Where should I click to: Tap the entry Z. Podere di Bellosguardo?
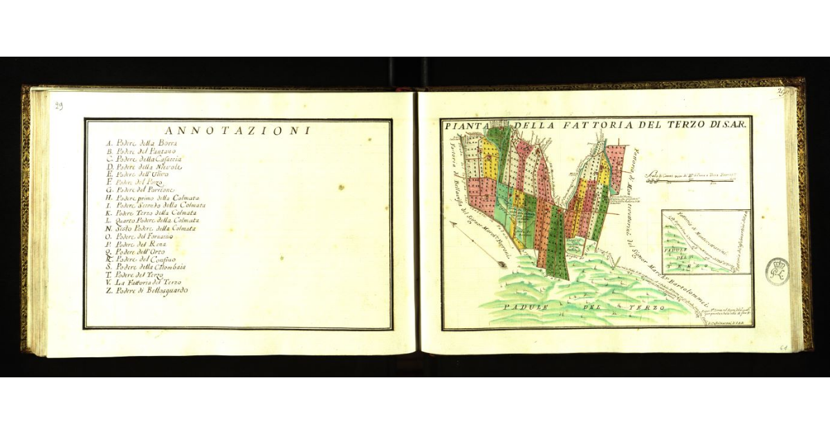click(x=147, y=290)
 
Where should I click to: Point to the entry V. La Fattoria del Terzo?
click(x=144, y=283)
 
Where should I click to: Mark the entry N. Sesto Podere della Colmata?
click(x=151, y=228)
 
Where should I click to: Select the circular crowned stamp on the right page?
click(x=777, y=271)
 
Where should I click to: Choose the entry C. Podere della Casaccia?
click(x=144, y=159)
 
